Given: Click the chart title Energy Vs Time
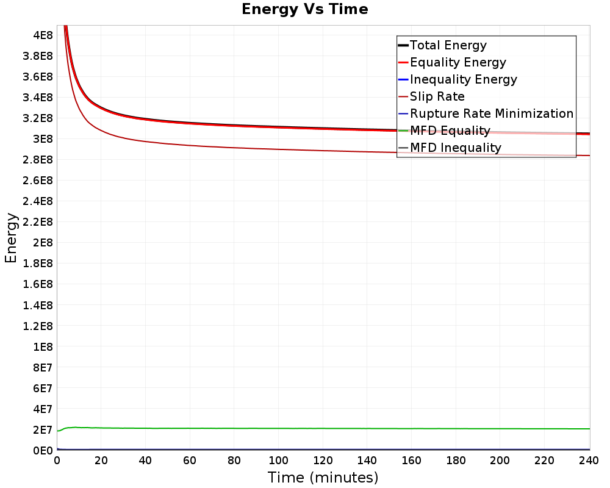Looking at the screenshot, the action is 304,9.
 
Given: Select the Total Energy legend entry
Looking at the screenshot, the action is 442,45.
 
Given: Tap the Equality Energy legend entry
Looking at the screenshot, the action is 453,62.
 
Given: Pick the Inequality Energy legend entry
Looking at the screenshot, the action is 458,79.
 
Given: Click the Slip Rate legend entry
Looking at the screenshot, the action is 431,96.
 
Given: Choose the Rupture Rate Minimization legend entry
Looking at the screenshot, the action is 486,113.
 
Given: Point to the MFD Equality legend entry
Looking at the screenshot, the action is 444,131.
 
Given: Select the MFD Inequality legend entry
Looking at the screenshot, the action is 450,148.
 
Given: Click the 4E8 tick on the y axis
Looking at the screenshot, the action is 43,35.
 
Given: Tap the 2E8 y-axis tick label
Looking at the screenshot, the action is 43,243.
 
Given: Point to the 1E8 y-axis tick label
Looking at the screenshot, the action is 43,346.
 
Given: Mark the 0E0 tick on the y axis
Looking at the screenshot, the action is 43,451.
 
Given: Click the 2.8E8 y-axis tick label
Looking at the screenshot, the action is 38,160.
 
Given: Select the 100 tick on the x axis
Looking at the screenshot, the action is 279,461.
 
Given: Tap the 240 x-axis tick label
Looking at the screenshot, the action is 589,461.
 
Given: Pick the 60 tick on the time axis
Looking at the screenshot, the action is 190,461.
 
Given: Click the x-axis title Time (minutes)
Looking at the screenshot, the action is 323,478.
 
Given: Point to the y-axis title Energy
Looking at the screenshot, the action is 11,238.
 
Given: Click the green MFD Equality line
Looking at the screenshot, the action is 323,428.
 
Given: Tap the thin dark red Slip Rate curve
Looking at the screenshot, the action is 323,151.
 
